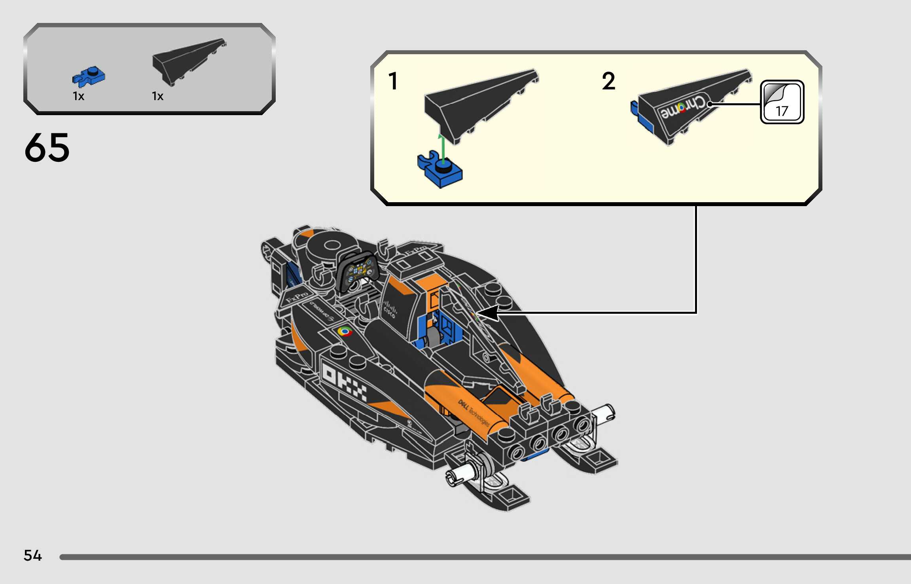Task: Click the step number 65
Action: click(47, 148)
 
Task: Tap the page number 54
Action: click(32, 556)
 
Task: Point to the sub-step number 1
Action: click(393, 81)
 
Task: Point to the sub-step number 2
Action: click(608, 81)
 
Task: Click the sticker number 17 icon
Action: click(782, 102)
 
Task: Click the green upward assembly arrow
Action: click(443, 148)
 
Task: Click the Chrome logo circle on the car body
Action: click(345, 332)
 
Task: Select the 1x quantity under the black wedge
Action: click(157, 96)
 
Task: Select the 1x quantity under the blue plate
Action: click(78, 96)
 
